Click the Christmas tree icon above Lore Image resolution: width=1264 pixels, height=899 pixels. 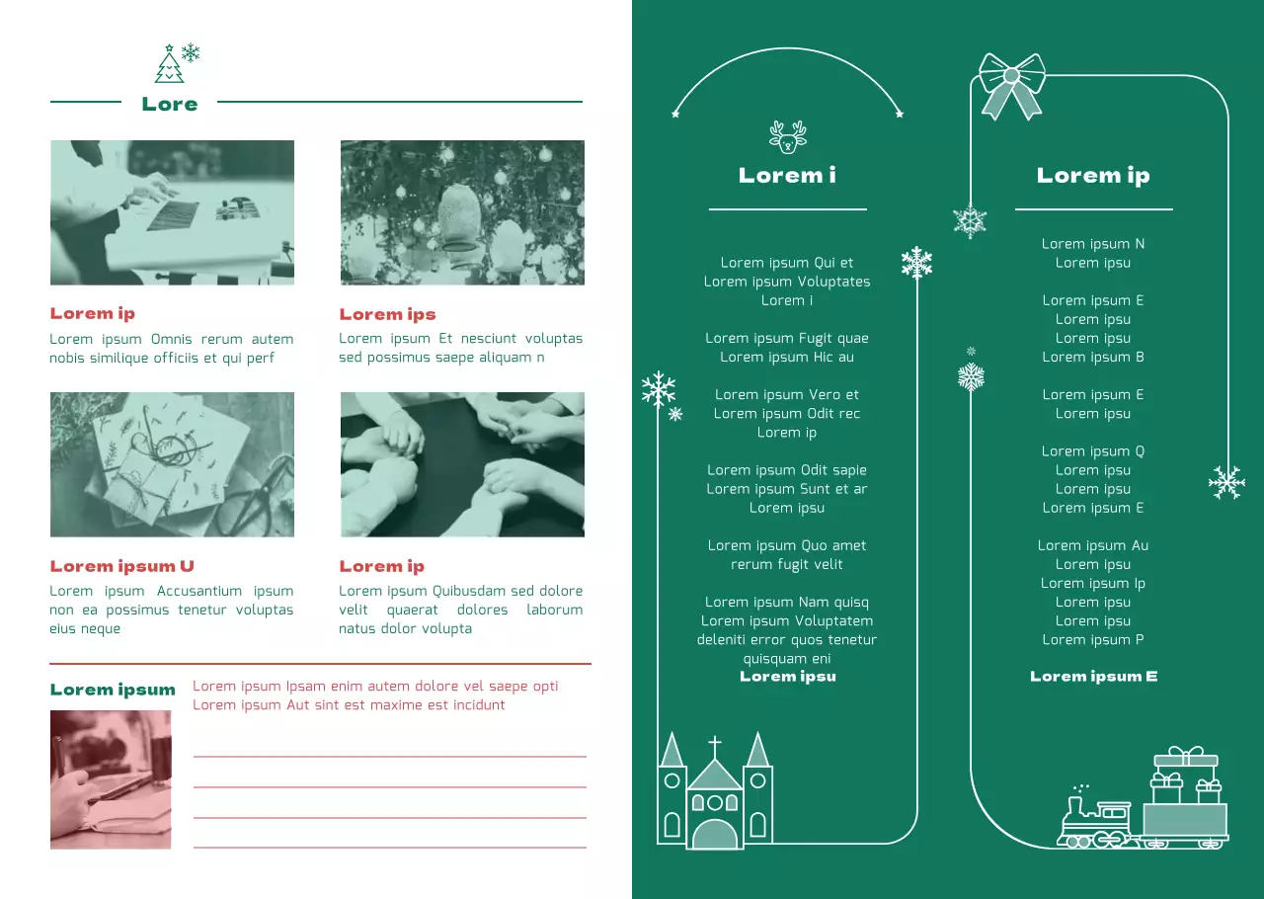170,66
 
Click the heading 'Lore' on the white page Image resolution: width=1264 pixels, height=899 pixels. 170,104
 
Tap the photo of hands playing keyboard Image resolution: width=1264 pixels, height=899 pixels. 172,212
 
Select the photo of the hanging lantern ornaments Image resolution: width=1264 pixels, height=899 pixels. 462,212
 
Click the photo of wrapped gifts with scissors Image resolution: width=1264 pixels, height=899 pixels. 172,464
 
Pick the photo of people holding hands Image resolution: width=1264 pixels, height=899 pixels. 462,464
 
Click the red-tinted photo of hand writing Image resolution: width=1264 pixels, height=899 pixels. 111,779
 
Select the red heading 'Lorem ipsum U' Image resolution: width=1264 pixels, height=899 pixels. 122,566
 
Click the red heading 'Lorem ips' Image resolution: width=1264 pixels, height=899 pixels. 387,314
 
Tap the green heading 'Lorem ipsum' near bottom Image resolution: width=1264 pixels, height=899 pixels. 113,690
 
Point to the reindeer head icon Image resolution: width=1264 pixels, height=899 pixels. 787,137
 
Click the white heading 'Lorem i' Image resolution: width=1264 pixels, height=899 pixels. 787,176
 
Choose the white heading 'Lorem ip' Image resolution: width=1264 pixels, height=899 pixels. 1093,176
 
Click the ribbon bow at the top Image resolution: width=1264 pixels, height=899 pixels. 1011,83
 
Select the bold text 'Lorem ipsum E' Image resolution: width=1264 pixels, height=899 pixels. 1093,677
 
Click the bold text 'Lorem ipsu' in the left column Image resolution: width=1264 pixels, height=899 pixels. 787,677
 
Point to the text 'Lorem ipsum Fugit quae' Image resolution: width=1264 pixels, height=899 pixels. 787,338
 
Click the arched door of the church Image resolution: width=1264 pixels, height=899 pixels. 715,834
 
